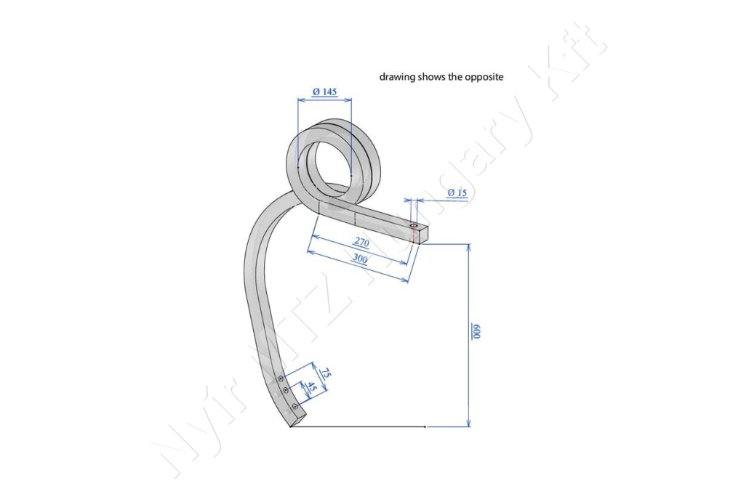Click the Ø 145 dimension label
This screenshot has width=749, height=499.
[325, 92]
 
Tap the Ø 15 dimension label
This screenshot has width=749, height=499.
[457, 192]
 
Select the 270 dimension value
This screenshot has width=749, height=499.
[361, 243]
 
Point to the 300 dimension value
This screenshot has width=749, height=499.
[360, 258]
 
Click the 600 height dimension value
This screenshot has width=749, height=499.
[476, 331]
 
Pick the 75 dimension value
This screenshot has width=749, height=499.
[325, 373]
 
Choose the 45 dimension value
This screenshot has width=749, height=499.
[312, 387]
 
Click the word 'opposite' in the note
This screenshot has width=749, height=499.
[484, 77]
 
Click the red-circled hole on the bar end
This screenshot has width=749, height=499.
[413, 224]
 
